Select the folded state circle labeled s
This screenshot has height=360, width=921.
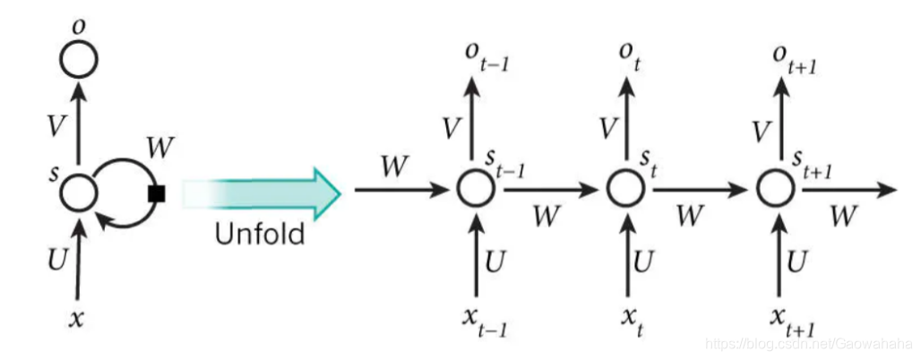[79, 191]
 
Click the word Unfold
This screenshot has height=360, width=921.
[259, 235]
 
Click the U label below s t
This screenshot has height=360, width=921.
[643, 261]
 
